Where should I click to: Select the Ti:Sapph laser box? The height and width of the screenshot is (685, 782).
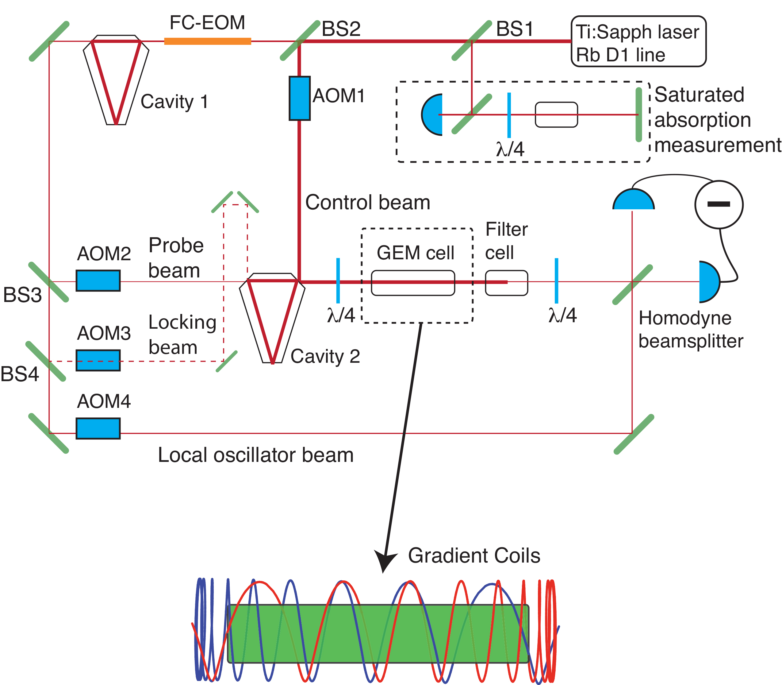[x=638, y=41]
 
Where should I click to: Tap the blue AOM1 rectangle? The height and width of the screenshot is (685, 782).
[x=300, y=98]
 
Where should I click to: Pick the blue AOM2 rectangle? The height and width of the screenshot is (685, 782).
[x=98, y=281]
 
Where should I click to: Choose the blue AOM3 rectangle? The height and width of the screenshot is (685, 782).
[x=98, y=360]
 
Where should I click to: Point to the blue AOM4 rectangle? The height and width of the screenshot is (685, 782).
[x=98, y=428]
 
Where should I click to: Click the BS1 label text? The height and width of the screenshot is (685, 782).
[x=514, y=29]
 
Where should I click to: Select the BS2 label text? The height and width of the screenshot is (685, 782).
[x=341, y=29]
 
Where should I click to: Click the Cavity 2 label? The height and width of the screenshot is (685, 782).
[x=325, y=356]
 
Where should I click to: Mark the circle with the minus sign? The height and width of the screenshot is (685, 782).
[x=719, y=204]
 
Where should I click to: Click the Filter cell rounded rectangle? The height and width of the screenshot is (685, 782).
[x=506, y=283]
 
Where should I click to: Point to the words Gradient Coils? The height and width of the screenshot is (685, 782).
[x=474, y=555]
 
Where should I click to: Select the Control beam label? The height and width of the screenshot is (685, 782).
[x=367, y=202]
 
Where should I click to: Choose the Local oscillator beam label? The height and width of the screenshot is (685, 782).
[x=255, y=455]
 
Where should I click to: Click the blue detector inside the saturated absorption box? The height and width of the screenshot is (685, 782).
[x=432, y=115]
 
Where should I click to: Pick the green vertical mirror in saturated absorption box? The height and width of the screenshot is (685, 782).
[x=638, y=115]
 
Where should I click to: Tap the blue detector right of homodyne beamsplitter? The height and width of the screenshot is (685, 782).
[x=709, y=282]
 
